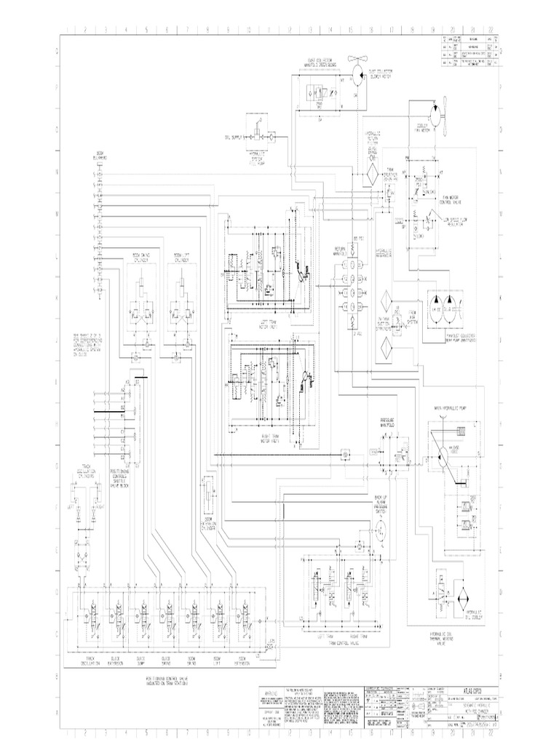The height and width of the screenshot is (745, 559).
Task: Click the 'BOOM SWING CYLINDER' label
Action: click(140, 258)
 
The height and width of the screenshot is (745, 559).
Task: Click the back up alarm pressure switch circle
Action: click(377, 533)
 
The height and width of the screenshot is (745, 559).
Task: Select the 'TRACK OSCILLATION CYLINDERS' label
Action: click(85, 471)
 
